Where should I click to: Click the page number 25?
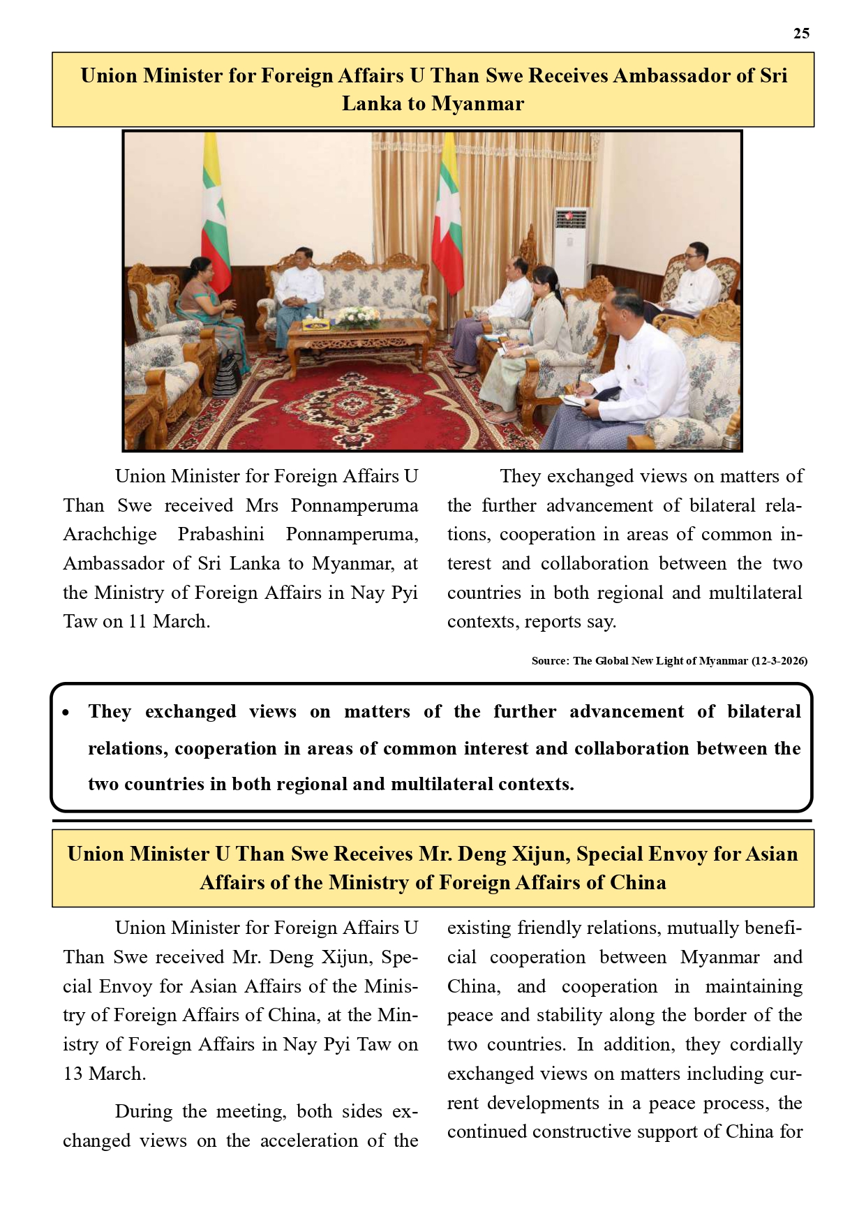(801, 34)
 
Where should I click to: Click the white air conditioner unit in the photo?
(571, 244)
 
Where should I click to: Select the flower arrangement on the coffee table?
(359, 318)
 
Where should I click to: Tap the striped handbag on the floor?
(227, 374)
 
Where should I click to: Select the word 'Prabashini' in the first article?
(221, 535)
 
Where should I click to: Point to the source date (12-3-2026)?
(779, 660)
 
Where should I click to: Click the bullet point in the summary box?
(66, 713)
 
